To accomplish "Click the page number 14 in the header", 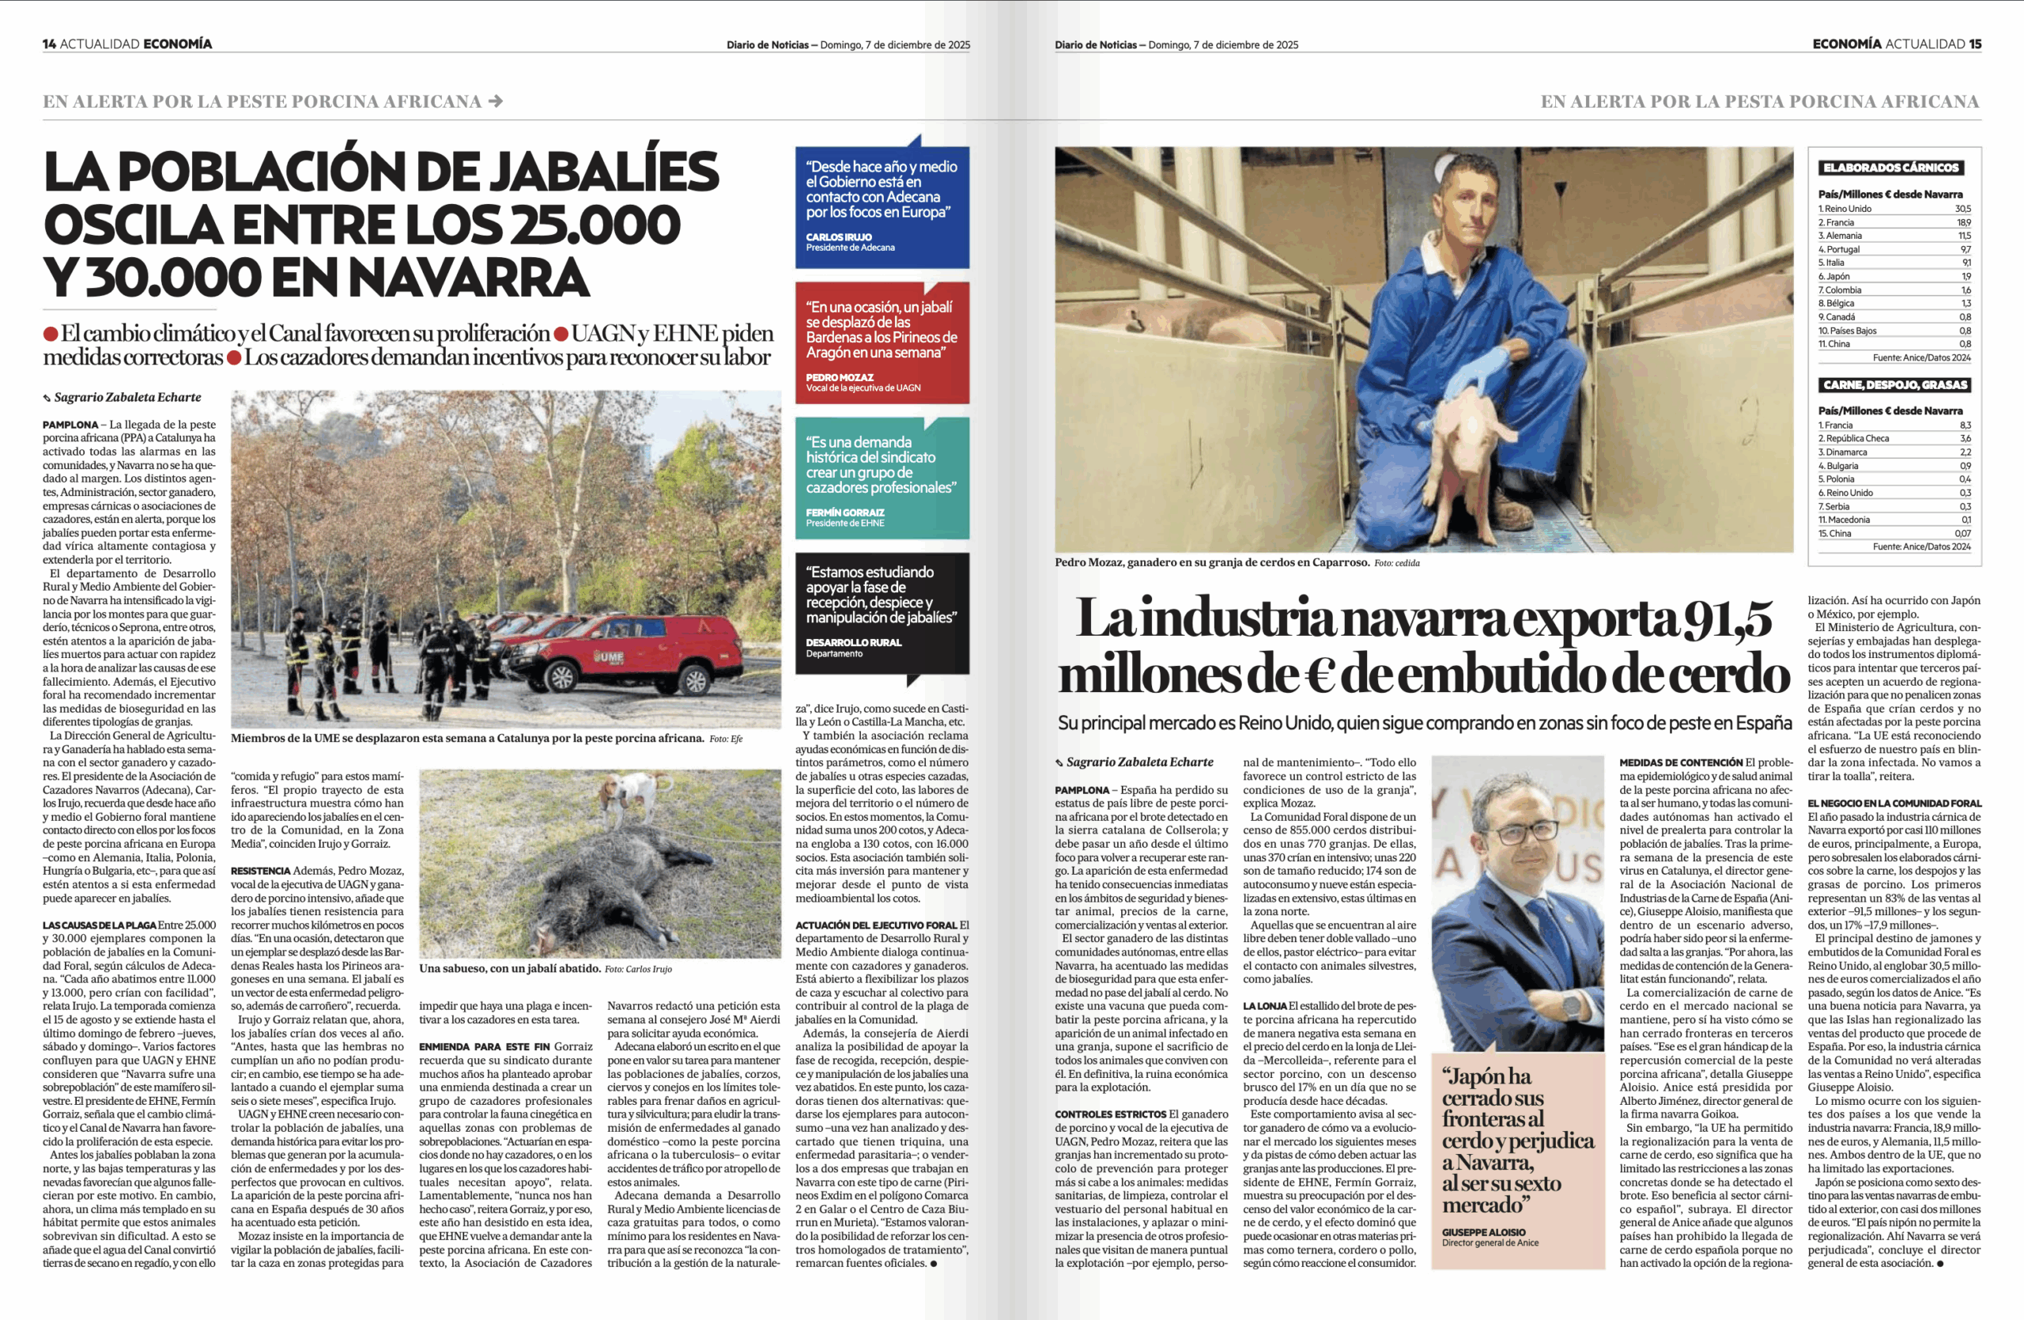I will click(49, 44).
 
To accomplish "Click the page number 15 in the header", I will click(1975, 44).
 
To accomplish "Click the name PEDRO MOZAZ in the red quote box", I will click(840, 376).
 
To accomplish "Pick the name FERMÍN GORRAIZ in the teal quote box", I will click(844, 512).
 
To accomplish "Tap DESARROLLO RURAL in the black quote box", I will click(853, 642).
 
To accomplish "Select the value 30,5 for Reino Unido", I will click(1962, 208).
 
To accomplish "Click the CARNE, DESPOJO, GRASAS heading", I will click(1895, 384).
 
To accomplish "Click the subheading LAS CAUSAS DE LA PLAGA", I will click(100, 925).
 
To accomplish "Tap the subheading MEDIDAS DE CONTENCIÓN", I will click(1680, 763).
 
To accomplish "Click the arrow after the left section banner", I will click(496, 101).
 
